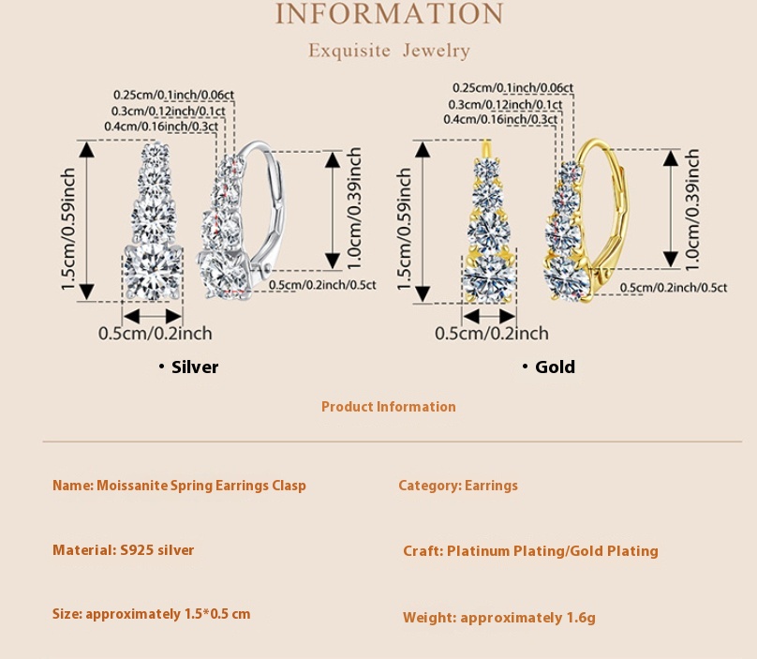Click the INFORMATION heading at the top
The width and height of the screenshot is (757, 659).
coord(389,14)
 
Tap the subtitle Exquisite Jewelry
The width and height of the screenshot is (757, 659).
coord(389,51)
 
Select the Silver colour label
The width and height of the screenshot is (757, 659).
coord(195,367)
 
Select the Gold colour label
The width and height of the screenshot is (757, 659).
coord(555,367)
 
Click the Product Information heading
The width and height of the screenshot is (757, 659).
coord(388,407)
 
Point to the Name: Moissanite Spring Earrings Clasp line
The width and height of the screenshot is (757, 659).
coord(179,486)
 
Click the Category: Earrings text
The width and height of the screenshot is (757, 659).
coord(458,486)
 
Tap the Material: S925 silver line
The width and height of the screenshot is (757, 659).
coord(124,550)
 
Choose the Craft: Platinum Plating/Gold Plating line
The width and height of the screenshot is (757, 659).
coord(530,551)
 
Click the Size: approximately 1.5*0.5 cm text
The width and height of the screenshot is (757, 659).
coord(152,614)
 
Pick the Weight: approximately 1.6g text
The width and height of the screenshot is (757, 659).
coord(499,618)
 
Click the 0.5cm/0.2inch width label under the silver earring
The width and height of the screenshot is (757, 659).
coord(156,333)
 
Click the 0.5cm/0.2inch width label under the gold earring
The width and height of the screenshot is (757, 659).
coord(492,333)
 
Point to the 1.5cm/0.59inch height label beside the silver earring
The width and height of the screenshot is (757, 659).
coord(67,230)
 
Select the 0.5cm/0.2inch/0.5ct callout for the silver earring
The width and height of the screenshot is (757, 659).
coord(321,285)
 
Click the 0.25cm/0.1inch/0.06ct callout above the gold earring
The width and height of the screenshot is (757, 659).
coord(512,88)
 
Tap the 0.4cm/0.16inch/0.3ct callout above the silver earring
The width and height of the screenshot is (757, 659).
coord(161,126)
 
